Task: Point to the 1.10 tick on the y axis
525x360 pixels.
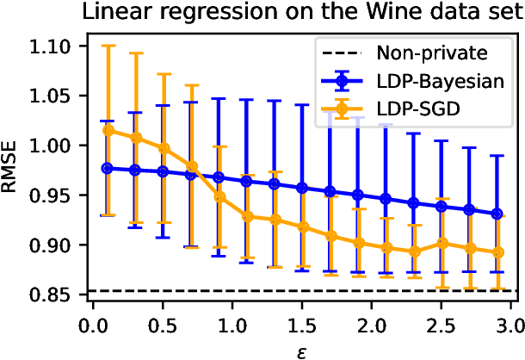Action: tap(56, 46)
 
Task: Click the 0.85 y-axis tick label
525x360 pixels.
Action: tap(56, 295)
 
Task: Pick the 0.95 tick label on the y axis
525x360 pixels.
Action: tap(56, 196)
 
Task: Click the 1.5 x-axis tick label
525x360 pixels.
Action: tap(302, 326)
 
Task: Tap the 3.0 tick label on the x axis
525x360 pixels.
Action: tap(511, 326)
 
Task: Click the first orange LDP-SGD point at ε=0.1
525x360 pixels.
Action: tap(108, 130)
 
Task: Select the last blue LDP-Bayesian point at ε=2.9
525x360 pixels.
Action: tap(497, 214)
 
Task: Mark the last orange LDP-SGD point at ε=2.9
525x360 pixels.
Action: tap(497, 252)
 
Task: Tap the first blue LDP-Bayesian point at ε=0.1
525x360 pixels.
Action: tap(108, 168)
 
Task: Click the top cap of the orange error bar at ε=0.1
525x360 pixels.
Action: tap(108, 46)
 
